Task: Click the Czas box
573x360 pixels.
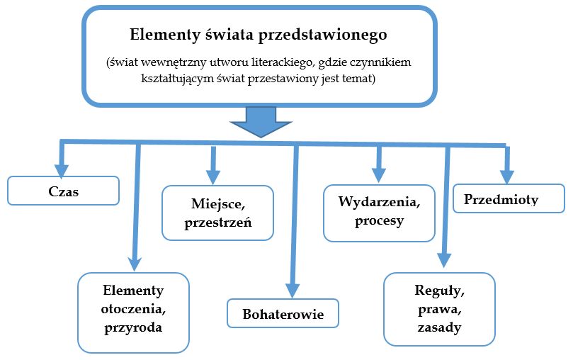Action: click(63, 191)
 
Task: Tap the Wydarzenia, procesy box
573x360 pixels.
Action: click(380, 212)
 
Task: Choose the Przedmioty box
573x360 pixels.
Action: click(508, 200)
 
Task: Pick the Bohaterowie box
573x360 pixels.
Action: click(283, 314)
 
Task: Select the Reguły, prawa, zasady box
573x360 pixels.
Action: click(438, 309)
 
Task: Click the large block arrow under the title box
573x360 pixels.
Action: click(260, 122)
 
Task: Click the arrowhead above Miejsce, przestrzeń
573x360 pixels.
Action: click(211, 176)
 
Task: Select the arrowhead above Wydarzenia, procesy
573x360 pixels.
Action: click(379, 174)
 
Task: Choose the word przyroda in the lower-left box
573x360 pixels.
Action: click(133, 327)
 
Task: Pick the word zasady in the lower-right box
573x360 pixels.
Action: click(439, 327)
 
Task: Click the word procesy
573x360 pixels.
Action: click(380, 221)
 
